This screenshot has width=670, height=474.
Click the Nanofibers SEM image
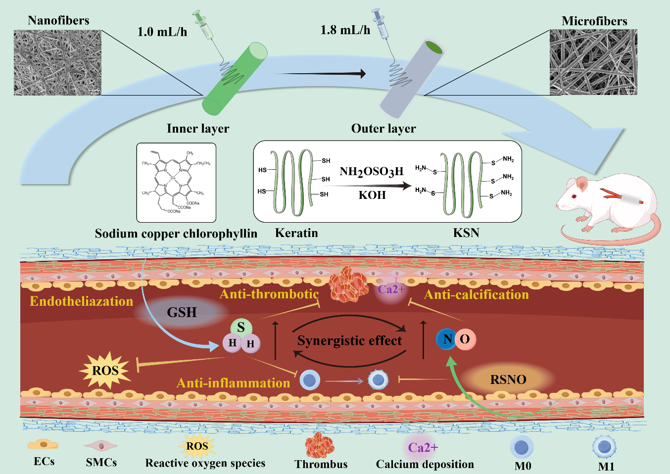click(57, 62)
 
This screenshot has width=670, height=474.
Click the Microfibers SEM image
click(593, 62)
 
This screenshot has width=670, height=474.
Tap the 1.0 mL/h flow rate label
click(162, 32)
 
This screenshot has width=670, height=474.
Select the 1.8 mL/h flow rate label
click(345, 30)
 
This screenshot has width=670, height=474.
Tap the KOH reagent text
click(372, 195)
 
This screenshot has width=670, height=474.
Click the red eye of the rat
click(574, 196)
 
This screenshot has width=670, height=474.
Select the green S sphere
click(241, 328)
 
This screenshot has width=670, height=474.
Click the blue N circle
click(447, 339)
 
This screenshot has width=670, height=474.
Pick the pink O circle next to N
click(465, 339)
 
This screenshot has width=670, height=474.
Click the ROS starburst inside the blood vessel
click(105, 370)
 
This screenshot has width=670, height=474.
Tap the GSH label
click(182, 313)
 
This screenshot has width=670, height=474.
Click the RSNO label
click(508, 379)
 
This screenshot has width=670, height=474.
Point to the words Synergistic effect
click(349, 341)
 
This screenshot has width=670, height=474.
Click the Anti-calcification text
click(477, 295)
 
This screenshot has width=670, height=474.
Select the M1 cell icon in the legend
click(604, 447)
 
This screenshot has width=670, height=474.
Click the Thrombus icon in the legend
click(320, 445)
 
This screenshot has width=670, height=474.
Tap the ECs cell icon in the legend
click(43, 445)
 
